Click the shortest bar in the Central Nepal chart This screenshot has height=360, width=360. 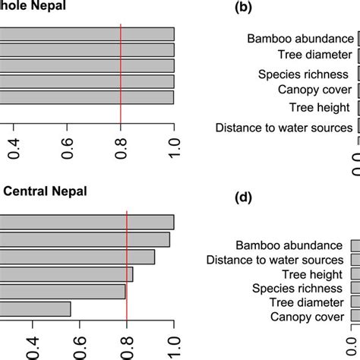pyautogui.click(x=35, y=308)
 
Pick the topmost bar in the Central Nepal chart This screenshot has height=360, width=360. pyautogui.click(x=87, y=222)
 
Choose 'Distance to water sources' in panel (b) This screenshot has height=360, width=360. pyautogui.click(x=285, y=128)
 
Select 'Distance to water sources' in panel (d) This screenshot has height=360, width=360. pyautogui.click(x=274, y=261)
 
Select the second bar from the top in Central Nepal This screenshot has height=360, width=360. pyautogui.click(x=84, y=239)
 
